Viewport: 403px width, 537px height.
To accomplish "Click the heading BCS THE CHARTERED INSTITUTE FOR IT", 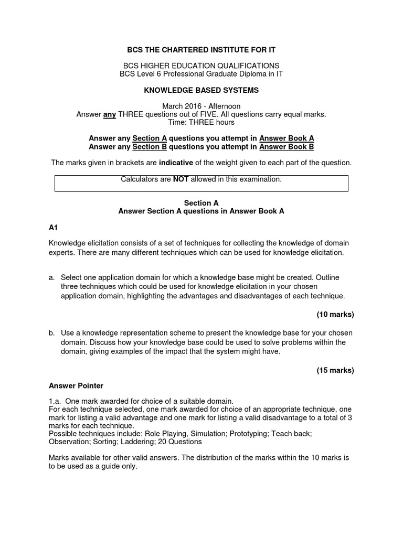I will (x=201, y=50).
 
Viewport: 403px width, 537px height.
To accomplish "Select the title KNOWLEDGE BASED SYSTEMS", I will (x=201, y=90).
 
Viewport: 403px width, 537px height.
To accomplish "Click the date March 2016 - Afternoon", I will (x=201, y=106).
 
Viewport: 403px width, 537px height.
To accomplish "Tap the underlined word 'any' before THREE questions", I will (x=110, y=114).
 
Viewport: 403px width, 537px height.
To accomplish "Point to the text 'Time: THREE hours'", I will (x=201, y=122).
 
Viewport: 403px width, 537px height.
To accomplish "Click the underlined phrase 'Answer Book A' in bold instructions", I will (x=287, y=138).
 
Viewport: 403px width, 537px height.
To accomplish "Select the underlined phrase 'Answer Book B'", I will (x=287, y=147).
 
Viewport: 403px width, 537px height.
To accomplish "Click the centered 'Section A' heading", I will (x=201, y=203).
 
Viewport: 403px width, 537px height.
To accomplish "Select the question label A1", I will (x=53, y=227).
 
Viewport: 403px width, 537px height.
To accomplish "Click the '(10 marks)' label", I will (x=335, y=315).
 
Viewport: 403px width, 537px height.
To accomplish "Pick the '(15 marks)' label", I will (x=335, y=370).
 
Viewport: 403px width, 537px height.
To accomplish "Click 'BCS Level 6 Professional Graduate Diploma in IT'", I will (x=201, y=74).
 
